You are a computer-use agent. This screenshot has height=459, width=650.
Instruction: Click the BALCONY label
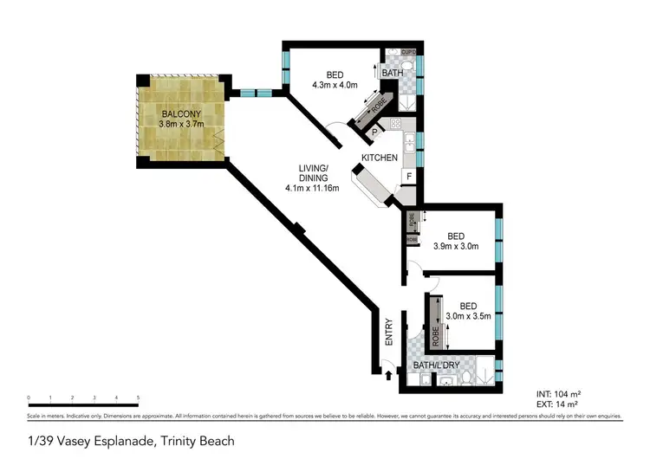coord(179,113)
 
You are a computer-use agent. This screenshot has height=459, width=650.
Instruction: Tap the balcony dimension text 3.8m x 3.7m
coord(179,125)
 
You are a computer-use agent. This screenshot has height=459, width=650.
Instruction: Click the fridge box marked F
coord(408,176)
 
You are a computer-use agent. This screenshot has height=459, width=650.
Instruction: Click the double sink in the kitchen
coord(409,143)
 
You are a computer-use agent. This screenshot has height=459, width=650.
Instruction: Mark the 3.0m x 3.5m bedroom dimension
coord(468,316)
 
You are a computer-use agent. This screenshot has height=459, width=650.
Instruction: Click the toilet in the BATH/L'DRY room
coord(466,377)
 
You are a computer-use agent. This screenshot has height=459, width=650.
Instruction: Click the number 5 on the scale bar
coord(138,398)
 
